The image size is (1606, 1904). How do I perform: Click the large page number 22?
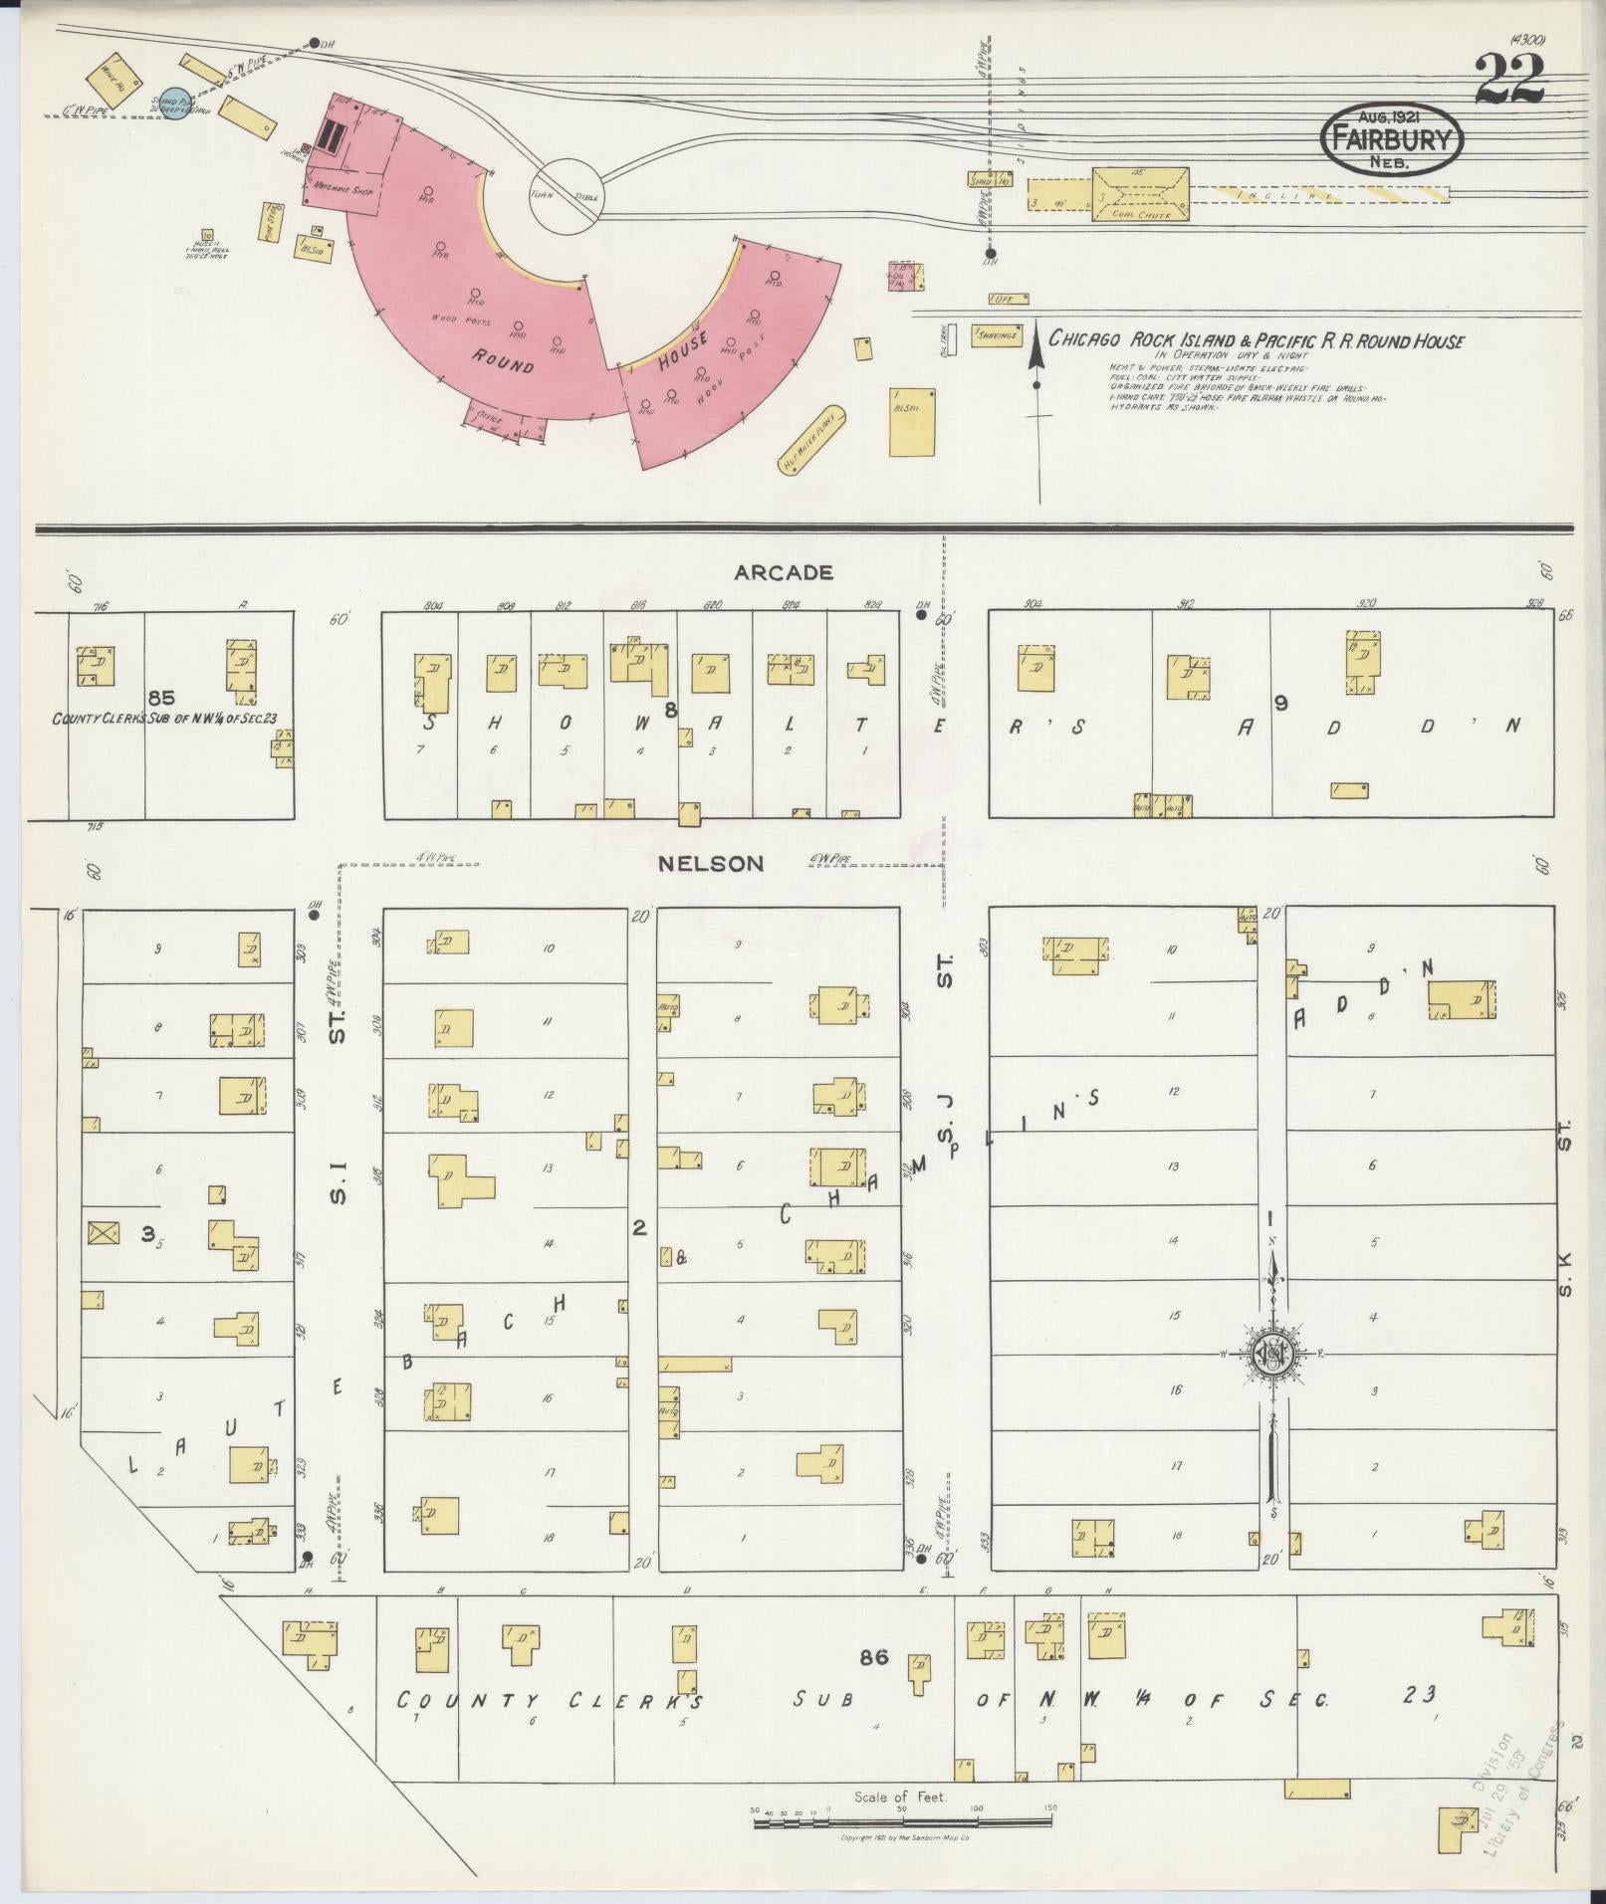pyautogui.click(x=1510, y=80)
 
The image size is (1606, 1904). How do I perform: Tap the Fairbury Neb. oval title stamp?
pyautogui.click(x=1392, y=142)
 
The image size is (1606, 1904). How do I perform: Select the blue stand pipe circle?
pyautogui.click(x=175, y=102)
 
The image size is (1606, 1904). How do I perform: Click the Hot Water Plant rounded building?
pyautogui.click(x=810, y=441)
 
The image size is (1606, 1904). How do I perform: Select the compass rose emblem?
pyautogui.click(x=1272, y=1354)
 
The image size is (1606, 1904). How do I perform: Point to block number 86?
pyautogui.click(x=874, y=1657)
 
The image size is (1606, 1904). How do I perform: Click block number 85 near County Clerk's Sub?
pyautogui.click(x=161, y=698)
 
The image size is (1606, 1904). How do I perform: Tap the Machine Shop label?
pyautogui.click(x=343, y=188)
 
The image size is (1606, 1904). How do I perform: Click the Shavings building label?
pyautogui.click(x=997, y=336)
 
